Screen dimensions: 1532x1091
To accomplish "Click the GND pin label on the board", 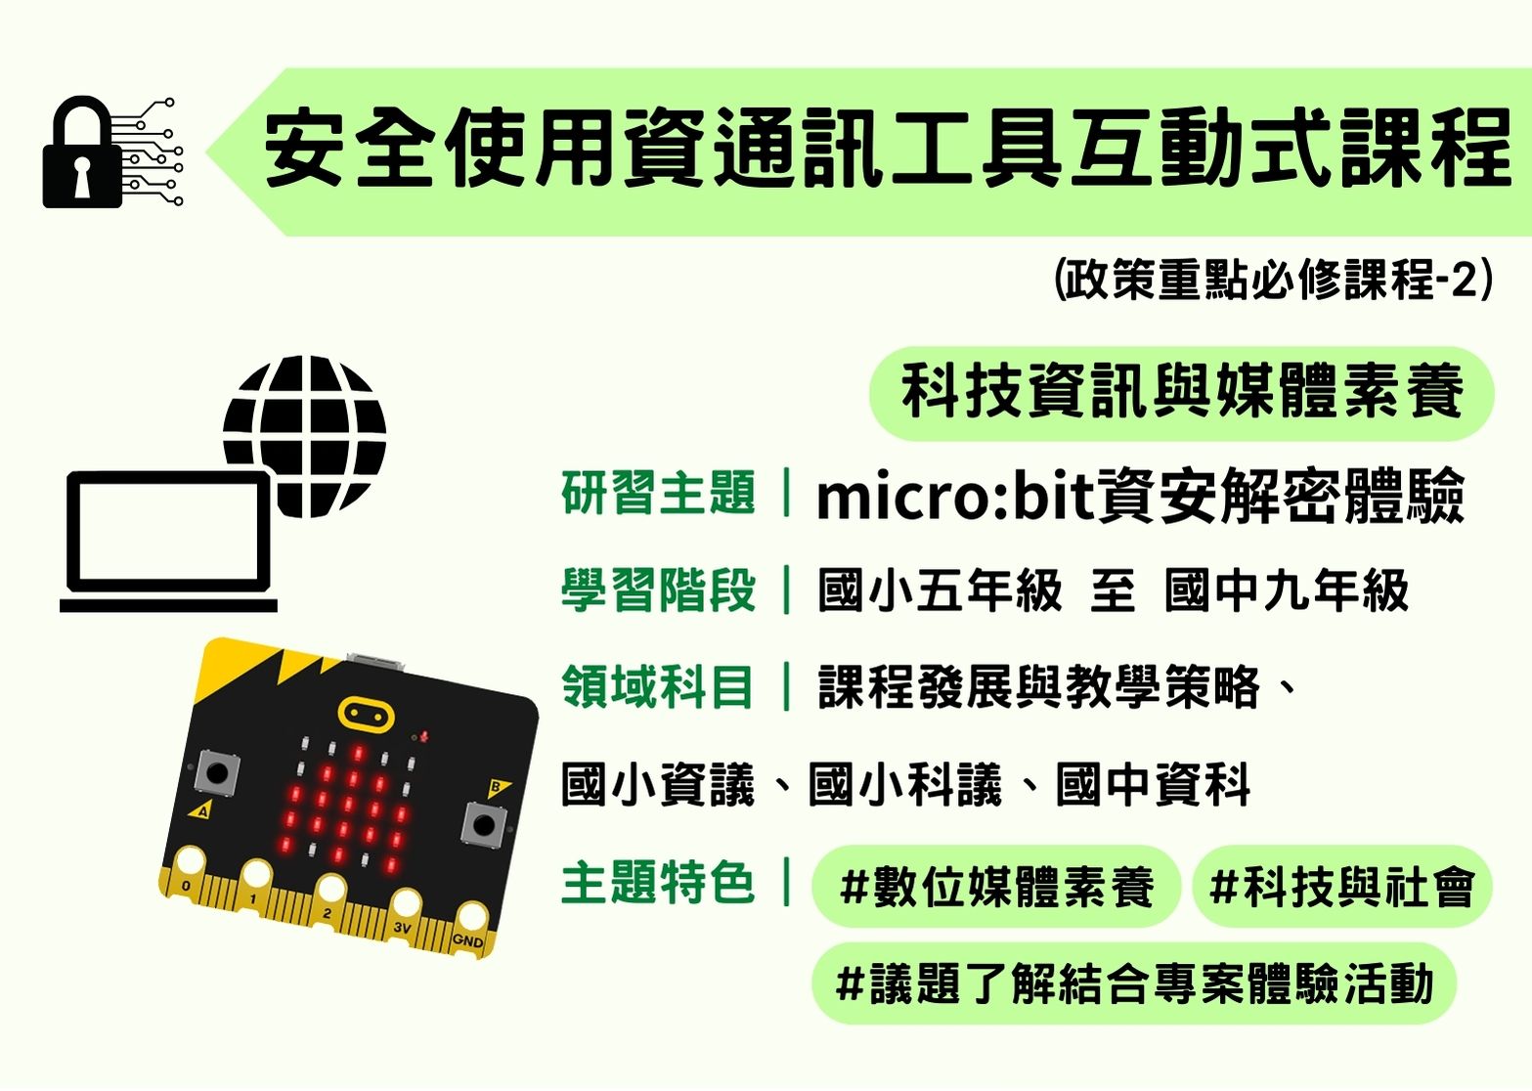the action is (467, 939).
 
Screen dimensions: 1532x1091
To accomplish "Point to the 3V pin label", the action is (402, 928).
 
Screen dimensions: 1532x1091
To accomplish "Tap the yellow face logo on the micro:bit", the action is (366, 715).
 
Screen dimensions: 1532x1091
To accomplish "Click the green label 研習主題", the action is (658, 493).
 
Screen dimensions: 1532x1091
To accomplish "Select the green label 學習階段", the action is (658, 589).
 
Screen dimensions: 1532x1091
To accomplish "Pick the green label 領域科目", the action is (657, 686).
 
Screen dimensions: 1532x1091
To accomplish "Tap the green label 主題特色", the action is (658, 883).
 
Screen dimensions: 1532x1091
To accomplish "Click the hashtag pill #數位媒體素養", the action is (996, 887).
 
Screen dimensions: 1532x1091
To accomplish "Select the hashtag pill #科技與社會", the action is (1342, 887).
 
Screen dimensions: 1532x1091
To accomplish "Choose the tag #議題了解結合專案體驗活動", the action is (1134, 983).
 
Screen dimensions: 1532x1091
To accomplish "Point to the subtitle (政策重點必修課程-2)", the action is (1273, 279).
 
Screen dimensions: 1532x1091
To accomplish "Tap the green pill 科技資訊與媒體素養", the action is (1182, 393).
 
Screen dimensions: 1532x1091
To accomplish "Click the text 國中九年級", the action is (1287, 589).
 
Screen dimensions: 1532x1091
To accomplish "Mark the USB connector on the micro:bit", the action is (376, 661).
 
